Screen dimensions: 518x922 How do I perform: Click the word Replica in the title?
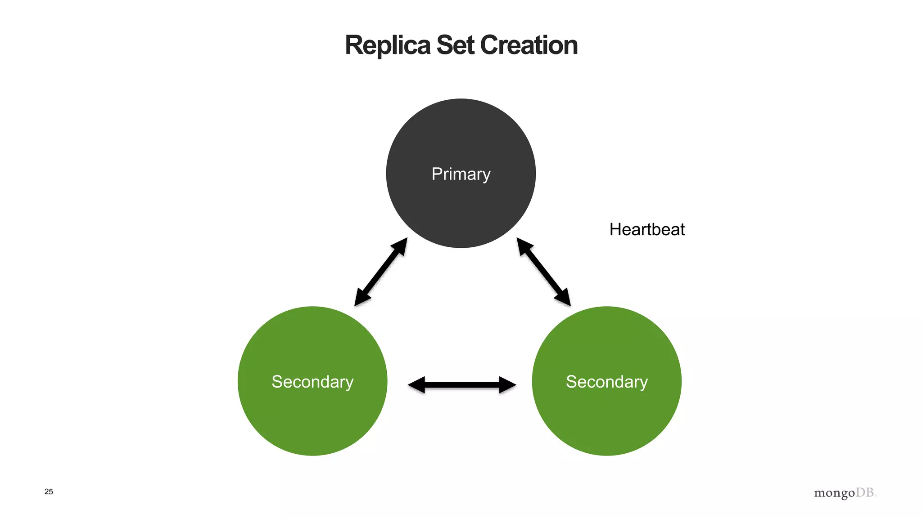(x=388, y=45)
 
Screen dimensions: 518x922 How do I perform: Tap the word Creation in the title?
(x=529, y=45)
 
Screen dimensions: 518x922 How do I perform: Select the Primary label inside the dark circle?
(x=461, y=174)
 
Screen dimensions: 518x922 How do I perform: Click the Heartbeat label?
(x=647, y=230)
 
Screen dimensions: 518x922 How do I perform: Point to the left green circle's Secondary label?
(x=312, y=382)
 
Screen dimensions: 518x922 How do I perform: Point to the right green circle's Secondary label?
(x=606, y=382)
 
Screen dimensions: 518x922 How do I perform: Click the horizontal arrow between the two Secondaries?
(x=462, y=385)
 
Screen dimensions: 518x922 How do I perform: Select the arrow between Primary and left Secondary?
(x=381, y=272)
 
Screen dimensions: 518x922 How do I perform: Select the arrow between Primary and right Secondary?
(x=543, y=272)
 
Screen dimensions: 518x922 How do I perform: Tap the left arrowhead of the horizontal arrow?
(x=416, y=385)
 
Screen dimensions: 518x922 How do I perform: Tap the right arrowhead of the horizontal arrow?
(x=507, y=385)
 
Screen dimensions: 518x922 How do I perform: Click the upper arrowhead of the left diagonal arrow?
(x=400, y=246)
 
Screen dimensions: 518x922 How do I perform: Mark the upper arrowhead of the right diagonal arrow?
(x=524, y=246)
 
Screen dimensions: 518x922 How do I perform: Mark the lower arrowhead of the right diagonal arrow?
(x=564, y=298)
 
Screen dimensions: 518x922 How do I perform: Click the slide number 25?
(x=49, y=492)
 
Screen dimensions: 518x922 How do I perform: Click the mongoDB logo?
(x=845, y=493)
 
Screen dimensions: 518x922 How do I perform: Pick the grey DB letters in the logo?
(x=865, y=492)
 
